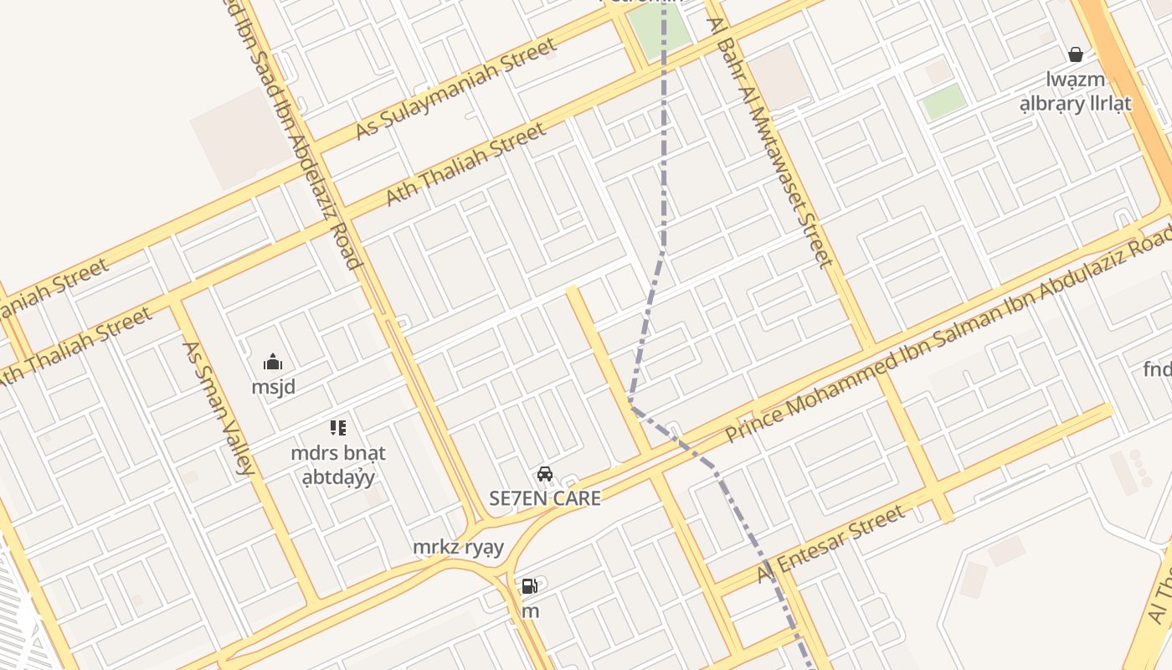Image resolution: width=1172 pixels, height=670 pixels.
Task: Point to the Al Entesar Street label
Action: pos(830,544)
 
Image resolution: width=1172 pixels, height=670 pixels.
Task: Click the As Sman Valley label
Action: pos(218,408)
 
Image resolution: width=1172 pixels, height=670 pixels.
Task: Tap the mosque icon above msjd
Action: pos(273,363)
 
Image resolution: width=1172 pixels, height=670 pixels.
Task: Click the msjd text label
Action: pos(273,387)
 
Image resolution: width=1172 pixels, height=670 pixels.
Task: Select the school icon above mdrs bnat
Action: pos(338,429)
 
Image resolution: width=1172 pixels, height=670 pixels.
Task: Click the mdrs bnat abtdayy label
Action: pos(338,465)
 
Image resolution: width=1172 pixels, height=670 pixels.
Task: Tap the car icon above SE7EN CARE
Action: pos(545,474)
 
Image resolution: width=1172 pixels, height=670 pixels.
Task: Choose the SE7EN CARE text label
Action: pos(545,498)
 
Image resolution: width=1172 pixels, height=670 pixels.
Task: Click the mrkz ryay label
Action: pos(459,547)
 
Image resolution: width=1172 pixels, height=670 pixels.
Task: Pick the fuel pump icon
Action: pos(530,586)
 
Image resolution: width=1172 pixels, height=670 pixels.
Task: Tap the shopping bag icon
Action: pos(1076,55)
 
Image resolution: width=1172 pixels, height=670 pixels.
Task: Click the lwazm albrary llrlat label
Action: pos(1076,91)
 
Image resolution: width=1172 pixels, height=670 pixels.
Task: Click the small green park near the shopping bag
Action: pos(943,101)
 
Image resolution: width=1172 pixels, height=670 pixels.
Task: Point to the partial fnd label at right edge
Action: pos(1158,368)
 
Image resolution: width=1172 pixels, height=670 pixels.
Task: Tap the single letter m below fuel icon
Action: pos(531,611)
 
